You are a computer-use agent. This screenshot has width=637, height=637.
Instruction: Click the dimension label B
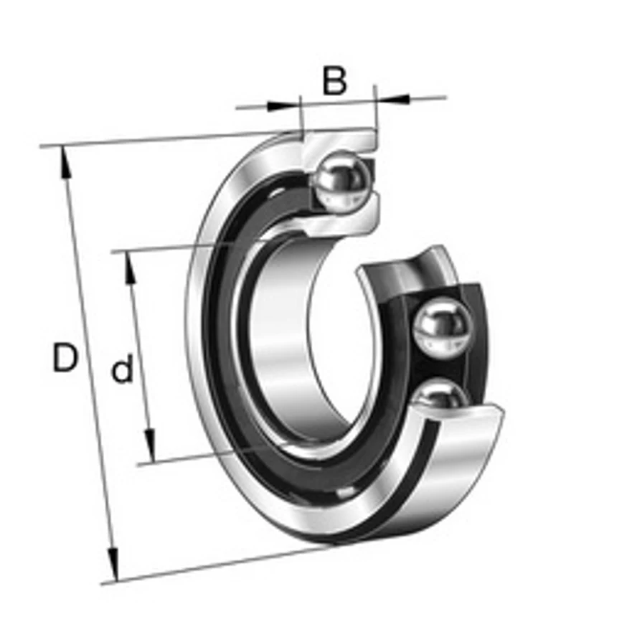tap(334, 80)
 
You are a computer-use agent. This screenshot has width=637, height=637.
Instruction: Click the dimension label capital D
tap(65, 357)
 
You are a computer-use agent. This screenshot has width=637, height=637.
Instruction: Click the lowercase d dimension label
tap(122, 368)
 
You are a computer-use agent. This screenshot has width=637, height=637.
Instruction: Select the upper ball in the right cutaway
tap(442, 327)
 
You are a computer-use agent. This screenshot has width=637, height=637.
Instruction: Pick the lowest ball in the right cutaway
tap(442, 393)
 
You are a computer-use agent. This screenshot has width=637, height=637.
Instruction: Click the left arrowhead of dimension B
tap(280, 106)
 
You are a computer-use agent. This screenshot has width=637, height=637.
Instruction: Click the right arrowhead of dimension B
tap(393, 98)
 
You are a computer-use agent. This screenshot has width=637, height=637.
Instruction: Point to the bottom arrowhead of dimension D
tap(113, 565)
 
